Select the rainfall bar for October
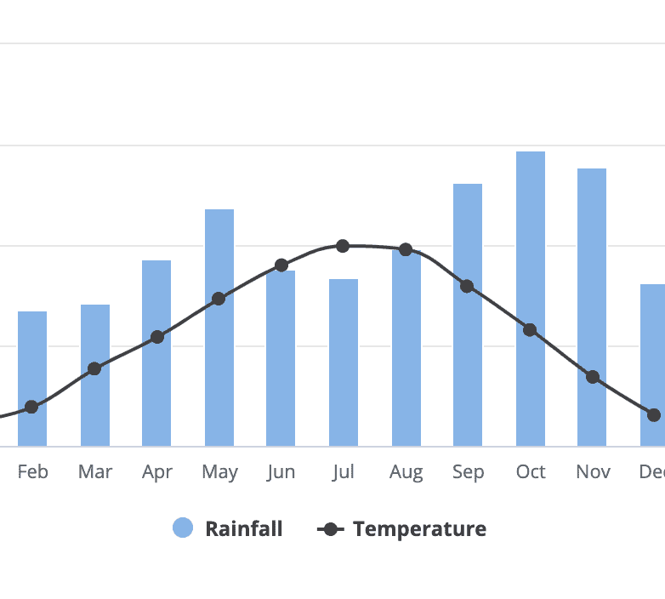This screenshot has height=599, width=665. pos(531,298)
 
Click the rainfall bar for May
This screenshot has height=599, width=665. pos(219,328)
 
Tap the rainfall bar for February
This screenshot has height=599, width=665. pos(32,379)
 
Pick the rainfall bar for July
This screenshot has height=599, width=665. pos(344,362)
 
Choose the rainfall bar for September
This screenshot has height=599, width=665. pos(468,315)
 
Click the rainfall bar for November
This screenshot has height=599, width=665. pos(592,306)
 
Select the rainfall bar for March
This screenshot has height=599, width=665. pos(95,375)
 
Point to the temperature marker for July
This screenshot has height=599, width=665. pos(343,246)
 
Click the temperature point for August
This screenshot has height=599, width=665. pos(406,249)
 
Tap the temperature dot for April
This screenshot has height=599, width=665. pos(157,337)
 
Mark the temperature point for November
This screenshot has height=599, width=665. pos(593,377)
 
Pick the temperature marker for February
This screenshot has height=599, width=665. pos(31,407)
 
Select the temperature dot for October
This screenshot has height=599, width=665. pos(530,329)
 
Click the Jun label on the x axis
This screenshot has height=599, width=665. pos(281,471)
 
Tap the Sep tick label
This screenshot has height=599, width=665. pos(468,471)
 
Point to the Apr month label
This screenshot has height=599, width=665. pos(157,471)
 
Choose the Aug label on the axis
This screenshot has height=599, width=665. pos(406,471)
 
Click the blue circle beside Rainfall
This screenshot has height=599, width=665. pos(183,528)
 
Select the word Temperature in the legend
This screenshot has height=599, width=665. pos(419,528)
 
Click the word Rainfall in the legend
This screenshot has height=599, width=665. pos(243,528)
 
